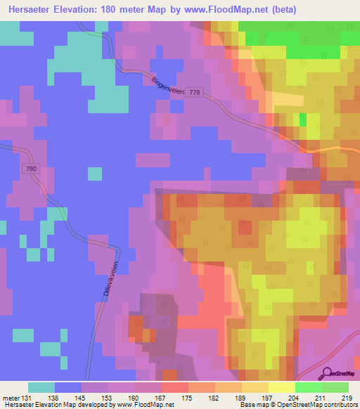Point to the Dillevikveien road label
click(108, 281)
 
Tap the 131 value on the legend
click(26, 398)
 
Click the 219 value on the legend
click(347, 398)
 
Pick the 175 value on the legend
click(187, 398)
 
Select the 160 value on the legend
click(133, 398)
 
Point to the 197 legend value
click(267, 398)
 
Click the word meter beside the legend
click(10, 398)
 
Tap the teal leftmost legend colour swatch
click(41, 387)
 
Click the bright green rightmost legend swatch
click(335, 387)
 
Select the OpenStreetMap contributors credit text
click(319, 405)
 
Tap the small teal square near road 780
click(94, 174)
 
